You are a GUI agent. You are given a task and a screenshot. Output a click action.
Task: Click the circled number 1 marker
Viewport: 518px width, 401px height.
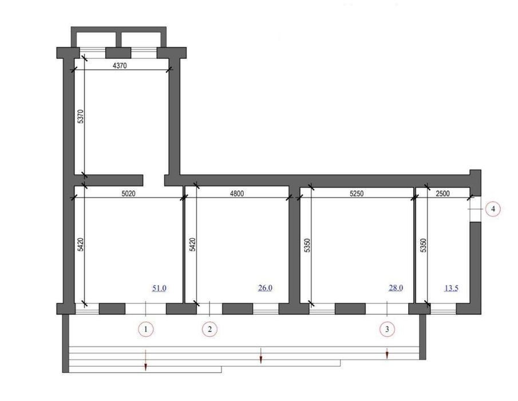point(146,329)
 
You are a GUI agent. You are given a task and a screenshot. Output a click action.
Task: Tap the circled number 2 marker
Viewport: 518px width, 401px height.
point(209,329)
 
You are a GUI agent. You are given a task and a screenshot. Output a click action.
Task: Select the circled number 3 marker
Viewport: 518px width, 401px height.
point(387,329)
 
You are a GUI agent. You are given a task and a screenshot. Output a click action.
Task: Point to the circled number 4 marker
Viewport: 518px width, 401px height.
point(493,209)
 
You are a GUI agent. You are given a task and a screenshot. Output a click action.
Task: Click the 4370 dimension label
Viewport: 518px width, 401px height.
point(120,65)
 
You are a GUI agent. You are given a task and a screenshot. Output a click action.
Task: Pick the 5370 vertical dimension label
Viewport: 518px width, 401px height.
point(81,116)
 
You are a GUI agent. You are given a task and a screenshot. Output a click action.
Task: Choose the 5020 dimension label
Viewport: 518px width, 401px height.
point(128,194)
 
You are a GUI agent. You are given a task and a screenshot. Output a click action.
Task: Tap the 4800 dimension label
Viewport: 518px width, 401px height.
point(236,194)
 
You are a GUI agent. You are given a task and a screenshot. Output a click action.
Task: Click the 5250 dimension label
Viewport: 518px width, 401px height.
point(357,194)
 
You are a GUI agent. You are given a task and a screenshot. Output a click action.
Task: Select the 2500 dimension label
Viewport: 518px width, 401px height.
point(442,194)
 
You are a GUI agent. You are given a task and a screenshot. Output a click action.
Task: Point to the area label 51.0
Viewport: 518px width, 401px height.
point(159,288)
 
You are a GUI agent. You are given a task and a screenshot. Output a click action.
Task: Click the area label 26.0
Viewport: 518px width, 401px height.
point(265,288)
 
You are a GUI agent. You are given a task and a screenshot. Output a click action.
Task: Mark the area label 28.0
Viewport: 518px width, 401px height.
point(396,288)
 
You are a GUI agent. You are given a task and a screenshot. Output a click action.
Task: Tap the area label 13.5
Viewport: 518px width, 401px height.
point(451,288)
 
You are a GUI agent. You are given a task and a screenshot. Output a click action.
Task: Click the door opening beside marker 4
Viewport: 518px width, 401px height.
point(476,209)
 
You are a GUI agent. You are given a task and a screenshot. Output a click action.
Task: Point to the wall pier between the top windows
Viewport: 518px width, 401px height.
point(118,53)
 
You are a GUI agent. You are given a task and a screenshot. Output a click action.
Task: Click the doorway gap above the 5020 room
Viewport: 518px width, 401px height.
point(153,180)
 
